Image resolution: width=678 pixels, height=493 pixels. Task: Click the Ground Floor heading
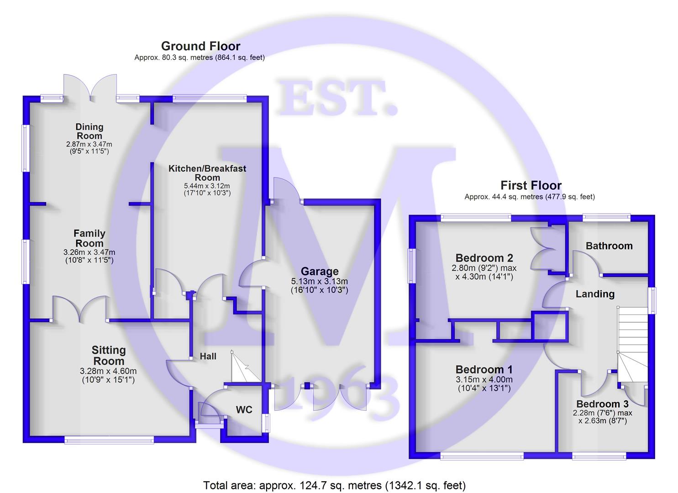pos(200,46)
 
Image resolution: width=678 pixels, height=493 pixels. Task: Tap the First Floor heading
pos(531,185)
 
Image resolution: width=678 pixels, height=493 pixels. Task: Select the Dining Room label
pos(89,131)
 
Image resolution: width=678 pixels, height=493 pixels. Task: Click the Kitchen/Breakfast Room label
pos(207,173)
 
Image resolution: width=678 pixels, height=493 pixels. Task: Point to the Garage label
pos(320,271)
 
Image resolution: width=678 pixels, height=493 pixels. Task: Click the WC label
pos(244,409)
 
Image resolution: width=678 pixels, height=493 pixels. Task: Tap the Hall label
pos(208,356)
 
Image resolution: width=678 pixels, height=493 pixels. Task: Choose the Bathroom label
pos(609,246)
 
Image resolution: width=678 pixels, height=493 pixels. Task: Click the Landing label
pos(594,294)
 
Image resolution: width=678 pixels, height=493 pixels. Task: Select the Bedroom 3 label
pos(602,404)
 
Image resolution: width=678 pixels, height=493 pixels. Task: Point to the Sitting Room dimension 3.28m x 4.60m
pos(108,371)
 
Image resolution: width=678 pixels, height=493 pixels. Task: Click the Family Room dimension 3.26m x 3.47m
pos(89,252)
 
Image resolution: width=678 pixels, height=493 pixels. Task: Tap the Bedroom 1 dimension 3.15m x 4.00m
pos(484,380)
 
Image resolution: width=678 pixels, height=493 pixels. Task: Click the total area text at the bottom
pos(334,485)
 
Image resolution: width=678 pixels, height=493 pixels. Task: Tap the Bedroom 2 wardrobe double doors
pos(542,249)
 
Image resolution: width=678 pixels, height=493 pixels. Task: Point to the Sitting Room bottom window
pos(109,440)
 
